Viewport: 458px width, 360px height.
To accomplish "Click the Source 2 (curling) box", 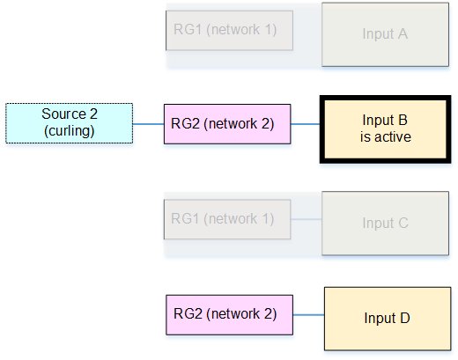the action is point(70,123).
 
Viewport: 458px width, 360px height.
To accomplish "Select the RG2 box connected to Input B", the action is point(227,124).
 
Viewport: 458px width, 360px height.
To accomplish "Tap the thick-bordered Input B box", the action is point(385,129).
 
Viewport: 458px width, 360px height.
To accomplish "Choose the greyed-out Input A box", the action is point(385,34).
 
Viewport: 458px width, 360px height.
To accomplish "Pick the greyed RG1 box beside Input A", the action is point(229,31).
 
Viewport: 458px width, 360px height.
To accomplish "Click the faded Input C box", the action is point(385,224).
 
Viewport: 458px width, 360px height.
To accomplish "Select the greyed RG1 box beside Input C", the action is point(227,219).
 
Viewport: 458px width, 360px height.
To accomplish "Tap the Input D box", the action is point(388,319).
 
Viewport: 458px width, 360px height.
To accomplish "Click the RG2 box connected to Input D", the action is point(229,315).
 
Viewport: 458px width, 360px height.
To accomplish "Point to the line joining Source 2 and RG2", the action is point(148,124).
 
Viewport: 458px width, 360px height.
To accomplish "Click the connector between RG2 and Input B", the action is point(306,124).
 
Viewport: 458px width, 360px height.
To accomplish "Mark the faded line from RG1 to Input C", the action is point(307,219).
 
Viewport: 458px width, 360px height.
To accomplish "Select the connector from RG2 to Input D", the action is point(308,315).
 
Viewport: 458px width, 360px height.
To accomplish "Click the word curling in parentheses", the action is point(70,131).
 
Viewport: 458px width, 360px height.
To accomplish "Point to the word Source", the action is point(64,114).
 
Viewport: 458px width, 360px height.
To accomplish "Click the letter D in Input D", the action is point(405,318).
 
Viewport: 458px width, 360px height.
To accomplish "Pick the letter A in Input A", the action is point(403,33).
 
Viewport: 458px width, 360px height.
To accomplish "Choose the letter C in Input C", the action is point(403,223).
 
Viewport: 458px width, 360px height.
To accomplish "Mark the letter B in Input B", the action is point(403,120).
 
